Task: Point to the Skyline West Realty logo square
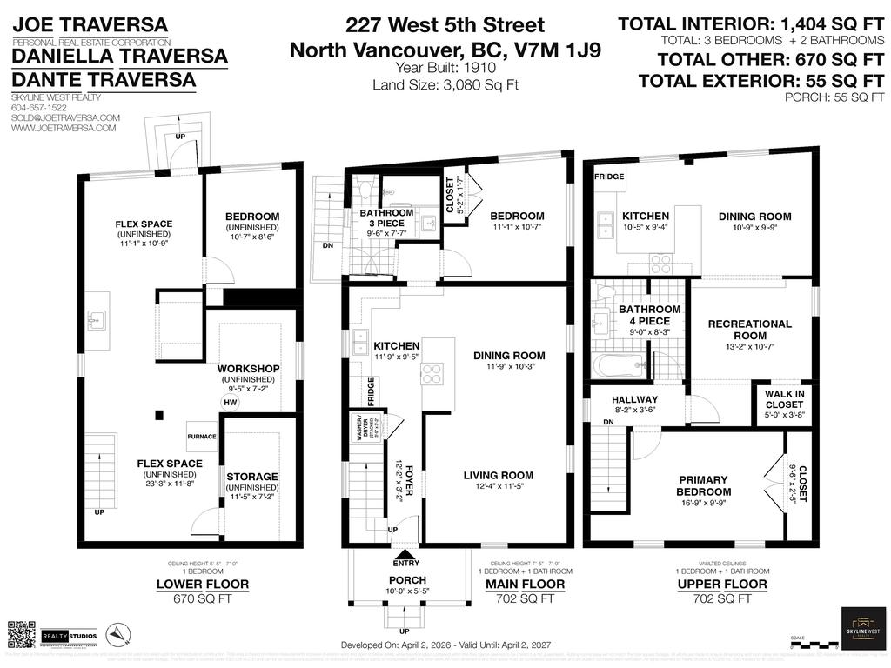click(x=864, y=628)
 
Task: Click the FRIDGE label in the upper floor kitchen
click(x=606, y=177)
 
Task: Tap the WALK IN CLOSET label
click(x=786, y=398)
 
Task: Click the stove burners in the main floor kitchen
click(x=432, y=374)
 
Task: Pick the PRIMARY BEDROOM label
click(x=703, y=485)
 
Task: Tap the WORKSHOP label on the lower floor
click(x=248, y=369)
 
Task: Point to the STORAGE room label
click(x=251, y=477)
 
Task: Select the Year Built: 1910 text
click(x=444, y=68)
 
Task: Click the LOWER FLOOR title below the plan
click(x=202, y=584)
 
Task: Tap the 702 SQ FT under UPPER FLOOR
click(x=710, y=598)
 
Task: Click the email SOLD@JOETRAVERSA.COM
click(x=65, y=117)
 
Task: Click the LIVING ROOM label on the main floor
click(x=498, y=475)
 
